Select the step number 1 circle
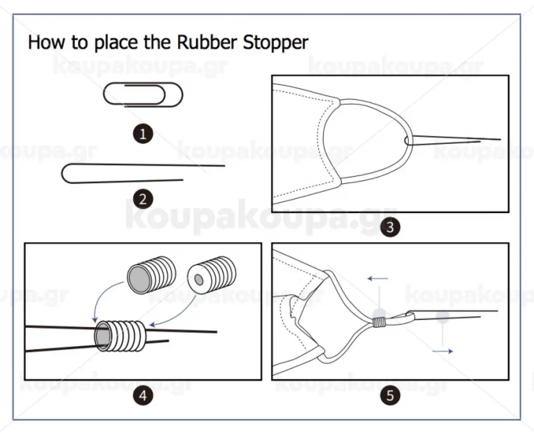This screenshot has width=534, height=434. pyautogui.click(x=143, y=134)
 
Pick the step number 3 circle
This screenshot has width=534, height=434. pyautogui.click(x=390, y=227)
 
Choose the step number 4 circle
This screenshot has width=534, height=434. pyautogui.click(x=143, y=395)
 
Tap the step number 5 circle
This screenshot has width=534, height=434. pyautogui.click(x=390, y=395)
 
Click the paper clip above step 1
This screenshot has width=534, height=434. pyautogui.click(x=143, y=94)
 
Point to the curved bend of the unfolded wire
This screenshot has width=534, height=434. pyautogui.click(x=66, y=174)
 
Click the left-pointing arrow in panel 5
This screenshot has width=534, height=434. pyautogui.click(x=377, y=279)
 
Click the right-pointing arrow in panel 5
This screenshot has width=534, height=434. pyautogui.click(x=443, y=352)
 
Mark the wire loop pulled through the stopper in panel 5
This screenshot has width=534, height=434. pyautogui.click(x=403, y=318)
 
